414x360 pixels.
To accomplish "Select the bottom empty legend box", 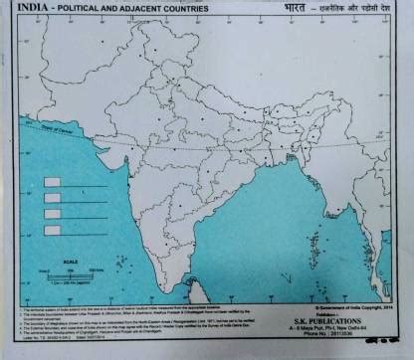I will point(53,230).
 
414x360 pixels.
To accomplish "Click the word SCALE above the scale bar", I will point(71,262).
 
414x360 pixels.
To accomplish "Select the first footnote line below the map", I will point(129,309).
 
